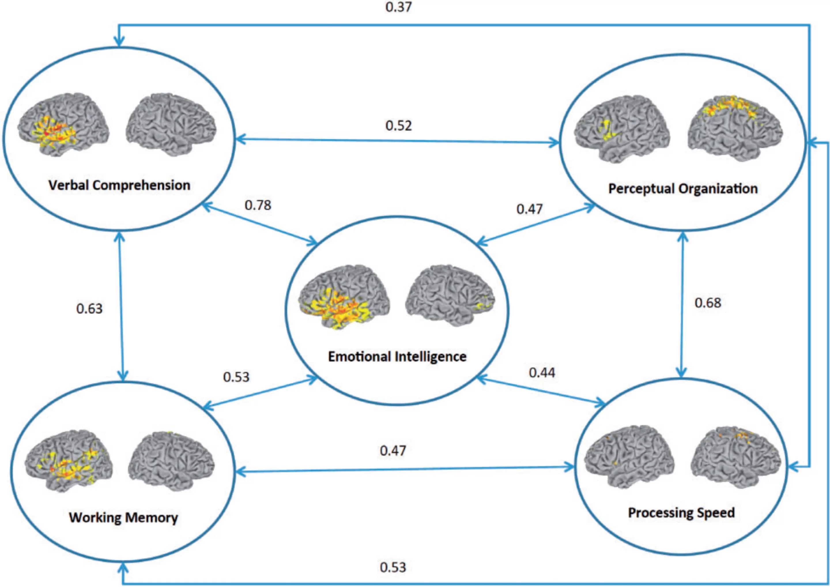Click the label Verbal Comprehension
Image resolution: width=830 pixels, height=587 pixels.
click(x=119, y=185)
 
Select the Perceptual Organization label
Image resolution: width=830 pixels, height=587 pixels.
click(x=683, y=188)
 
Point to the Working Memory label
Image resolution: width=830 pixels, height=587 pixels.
click(x=123, y=517)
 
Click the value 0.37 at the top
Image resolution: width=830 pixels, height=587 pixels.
click(x=399, y=7)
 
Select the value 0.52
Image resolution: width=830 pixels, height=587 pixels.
click(x=399, y=126)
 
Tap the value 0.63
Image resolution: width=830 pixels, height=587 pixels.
click(x=89, y=309)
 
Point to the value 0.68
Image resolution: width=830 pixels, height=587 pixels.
click(x=708, y=303)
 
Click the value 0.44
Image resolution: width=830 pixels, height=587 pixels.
click(x=542, y=373)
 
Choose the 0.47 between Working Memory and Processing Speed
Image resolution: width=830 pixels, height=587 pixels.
click(x=393, y=451)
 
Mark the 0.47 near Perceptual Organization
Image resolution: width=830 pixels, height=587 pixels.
click(x=529, y=209)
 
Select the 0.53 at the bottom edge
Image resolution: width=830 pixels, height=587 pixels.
click(x=393, y=567)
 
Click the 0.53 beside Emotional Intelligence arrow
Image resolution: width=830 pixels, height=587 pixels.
click(x=236, y=377)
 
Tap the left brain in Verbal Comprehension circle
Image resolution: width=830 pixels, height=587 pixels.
click(x=63, y=125)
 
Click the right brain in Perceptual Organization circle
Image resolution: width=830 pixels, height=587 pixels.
click(x=735, y=128)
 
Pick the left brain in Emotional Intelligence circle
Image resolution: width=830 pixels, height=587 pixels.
click(x=344, y=296)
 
